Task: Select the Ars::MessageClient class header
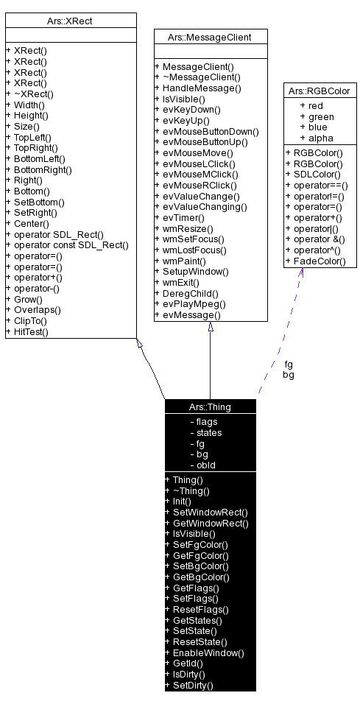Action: point(211,36)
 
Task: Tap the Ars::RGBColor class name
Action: point(321,91)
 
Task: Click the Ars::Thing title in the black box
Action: point(211,406)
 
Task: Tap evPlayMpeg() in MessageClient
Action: point(194,303)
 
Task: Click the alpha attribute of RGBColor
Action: point(320,138)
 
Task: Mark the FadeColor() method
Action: point(320,261)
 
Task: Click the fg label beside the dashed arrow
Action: point(288,364)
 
